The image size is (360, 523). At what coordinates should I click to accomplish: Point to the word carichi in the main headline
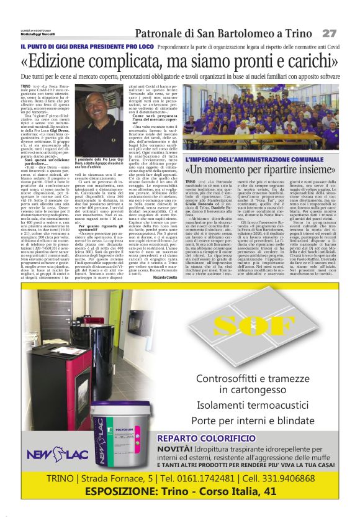[x=310, y=63]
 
